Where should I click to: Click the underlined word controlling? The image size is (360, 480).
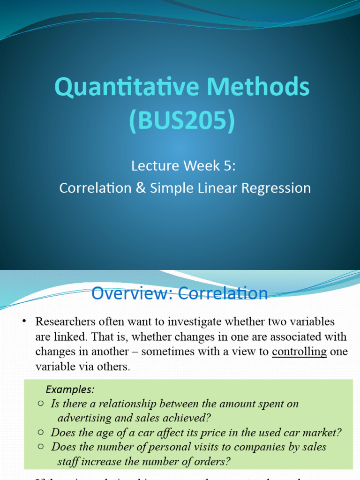[299, 352]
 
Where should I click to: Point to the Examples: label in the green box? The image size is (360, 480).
[70, 390]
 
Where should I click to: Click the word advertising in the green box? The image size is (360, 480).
[85, 417]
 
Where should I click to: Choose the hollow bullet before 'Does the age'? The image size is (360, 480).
[41, 432]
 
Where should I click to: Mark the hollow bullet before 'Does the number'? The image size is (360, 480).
[41, 447]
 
